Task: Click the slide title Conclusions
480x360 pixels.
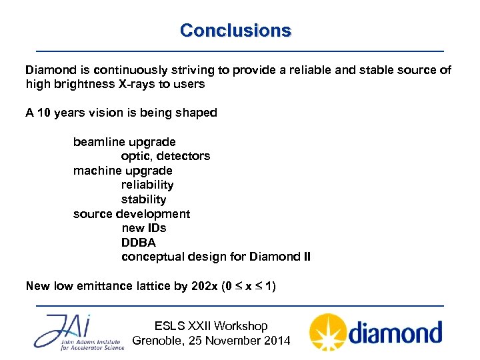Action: click(x=235, y=31)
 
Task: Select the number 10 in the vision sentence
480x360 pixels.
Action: click(x=43, y=113)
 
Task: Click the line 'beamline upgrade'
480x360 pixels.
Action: click(x=124, y=142)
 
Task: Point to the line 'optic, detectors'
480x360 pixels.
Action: click(x=165, y=156)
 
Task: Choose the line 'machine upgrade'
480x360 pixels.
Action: click(x=123, y=171)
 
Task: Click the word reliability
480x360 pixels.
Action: click(x=147, y=185)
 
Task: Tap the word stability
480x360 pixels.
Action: click(x=143, y=199)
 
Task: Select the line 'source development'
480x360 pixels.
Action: click(x=131, y=214)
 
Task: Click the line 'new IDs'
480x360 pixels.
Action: click(x=143, y=228)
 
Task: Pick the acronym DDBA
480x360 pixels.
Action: click(x=138, y=243)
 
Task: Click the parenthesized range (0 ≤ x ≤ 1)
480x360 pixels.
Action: click(x=249, y=286)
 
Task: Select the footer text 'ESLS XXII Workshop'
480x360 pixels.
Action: click(x=211, y=326)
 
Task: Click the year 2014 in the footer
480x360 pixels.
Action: click(x=277, y=341)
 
